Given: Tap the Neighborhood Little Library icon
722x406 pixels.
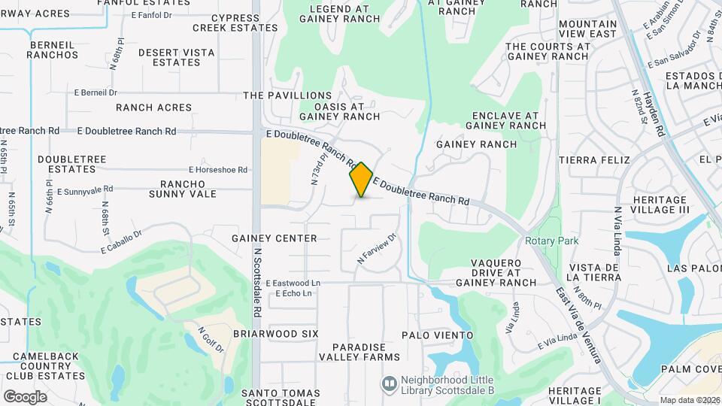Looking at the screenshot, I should coord(389,383).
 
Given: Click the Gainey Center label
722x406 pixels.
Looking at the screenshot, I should coord(275,238).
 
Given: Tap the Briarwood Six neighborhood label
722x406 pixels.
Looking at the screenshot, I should coord(276,333).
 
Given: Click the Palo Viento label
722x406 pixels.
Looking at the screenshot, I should coord(438,335).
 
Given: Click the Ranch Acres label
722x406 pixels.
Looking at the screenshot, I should coord(154,108).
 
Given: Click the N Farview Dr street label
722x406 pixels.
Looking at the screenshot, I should coord(376,250).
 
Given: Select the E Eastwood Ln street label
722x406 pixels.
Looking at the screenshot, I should coord(298,283).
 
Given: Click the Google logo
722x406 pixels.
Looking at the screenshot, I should coord(25,396).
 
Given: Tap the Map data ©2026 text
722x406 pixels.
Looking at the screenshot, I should coord(689,400).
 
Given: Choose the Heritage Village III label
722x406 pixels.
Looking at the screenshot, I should coord(661,205).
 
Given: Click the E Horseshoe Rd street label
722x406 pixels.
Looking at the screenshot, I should coord(218,170).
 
